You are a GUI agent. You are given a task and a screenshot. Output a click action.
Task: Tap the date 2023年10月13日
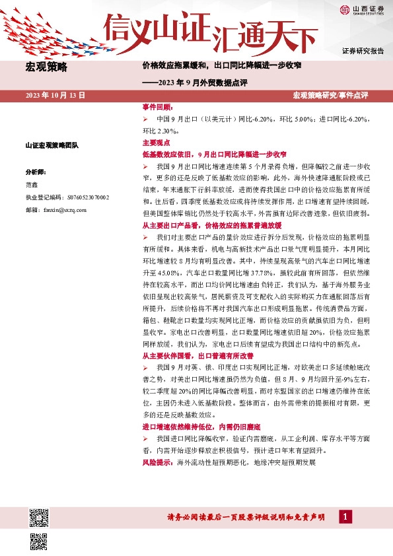pyautogui.click(x=55, y=96)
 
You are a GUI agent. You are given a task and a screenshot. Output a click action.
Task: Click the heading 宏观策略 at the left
pyautogui.click(x=46, y=67)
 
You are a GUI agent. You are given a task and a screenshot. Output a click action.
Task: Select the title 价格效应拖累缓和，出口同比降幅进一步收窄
pyautogui.click(x=222, y=66)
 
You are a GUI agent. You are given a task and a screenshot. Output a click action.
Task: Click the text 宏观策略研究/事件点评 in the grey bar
pyautogui.click(x=330, y=96)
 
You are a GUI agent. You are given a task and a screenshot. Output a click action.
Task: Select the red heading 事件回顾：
pyautogui.click(x=157, y=107)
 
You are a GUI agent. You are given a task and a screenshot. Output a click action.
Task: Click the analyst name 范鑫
pyautogui.click(x=31, y=185)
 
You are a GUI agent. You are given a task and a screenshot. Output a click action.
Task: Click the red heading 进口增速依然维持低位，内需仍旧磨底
pyautogui.click(x=202, y=409)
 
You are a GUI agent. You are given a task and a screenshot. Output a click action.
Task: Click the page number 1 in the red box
pyautogui.click(x=343, y=517)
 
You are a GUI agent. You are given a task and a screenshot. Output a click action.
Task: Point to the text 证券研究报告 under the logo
pyautogui.click(x=363, y=51)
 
